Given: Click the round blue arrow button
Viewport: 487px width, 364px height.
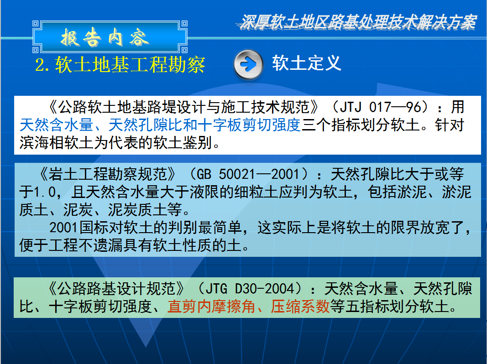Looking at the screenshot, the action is (x=248, y=64).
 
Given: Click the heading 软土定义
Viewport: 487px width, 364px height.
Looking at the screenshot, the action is (x=307, y=63).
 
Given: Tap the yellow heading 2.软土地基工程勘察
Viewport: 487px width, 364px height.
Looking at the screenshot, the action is (x=120, y=65).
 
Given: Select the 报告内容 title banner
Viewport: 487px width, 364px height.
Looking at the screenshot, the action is (x=110, y=37).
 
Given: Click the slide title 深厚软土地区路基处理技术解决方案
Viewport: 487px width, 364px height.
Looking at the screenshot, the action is (x=358, y=22).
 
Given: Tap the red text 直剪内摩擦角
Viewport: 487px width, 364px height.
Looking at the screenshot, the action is (x=211, y=307).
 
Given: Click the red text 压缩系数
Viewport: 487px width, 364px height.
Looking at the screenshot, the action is (x=300, y=307).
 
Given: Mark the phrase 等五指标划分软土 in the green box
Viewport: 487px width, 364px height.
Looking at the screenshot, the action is (x=389, y=307).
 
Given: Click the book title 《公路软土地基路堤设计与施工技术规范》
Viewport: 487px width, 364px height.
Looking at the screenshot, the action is (x=183, y=107).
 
